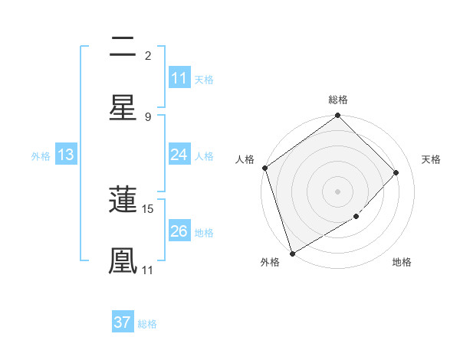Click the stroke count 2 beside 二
[148, 55]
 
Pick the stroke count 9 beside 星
[148, 116]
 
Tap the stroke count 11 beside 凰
[148, 270]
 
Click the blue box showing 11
[179, 78]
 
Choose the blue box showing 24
[179, 155]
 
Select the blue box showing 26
[179, 231]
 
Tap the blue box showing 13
[66, 155]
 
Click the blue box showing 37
[123, 322]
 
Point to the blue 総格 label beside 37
[147, 324]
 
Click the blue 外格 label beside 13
[41, 156]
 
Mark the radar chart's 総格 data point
[337, 116]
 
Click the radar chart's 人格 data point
[264, 168]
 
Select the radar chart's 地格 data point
[356, 217]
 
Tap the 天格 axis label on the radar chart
[432, 159]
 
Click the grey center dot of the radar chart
[337, 191]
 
